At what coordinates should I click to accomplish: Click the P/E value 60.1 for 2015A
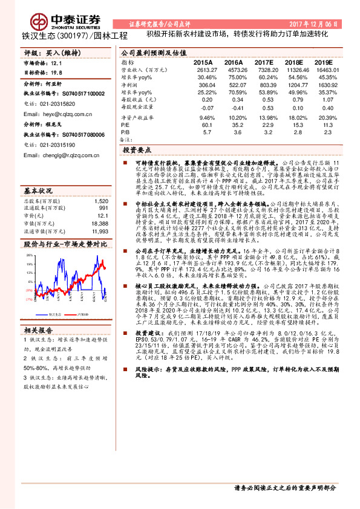click(x=206, y=125)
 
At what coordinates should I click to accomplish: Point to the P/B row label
click(x=126, y=132)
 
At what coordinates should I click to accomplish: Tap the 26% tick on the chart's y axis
click(x=28, y=256)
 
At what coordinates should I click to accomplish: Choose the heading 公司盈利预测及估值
click(x=154, y=53)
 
